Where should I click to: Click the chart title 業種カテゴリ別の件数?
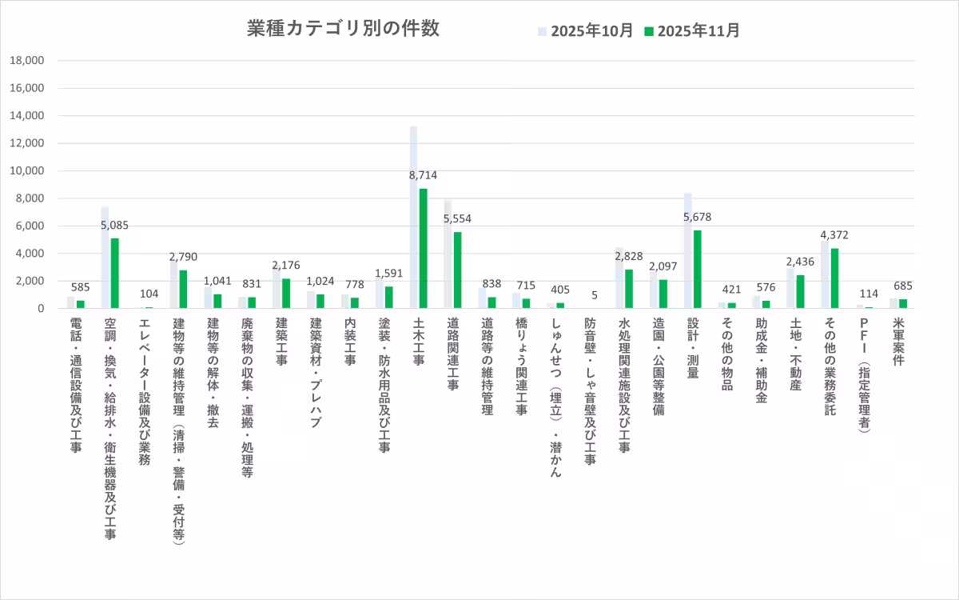(x=343, y=29)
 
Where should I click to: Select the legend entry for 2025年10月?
(x=586, y=31)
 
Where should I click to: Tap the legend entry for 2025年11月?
(x=692, y=31)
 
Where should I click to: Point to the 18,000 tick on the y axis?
(x=28, y=61)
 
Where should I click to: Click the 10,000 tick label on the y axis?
(x=28, y=171)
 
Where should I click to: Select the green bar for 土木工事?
(x=424, y=248)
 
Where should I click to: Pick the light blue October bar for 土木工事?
(x=413, y=217)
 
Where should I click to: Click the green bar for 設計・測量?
(x=698, y=269)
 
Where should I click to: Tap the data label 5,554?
(x=457, y=218)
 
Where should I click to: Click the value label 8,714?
(x=424, y=174)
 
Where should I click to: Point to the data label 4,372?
(x=834, y=234)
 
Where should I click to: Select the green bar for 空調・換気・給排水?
(x=115, y=273)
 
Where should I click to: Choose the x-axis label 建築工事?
(x=281, y=343)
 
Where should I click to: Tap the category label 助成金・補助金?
(x=761, y=360)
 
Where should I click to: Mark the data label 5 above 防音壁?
(x=594, y=295)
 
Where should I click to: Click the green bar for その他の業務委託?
(x=834, y=278)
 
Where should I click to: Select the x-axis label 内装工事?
(x=350, y=343)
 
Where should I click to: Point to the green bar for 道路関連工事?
(x=457, y=270)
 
